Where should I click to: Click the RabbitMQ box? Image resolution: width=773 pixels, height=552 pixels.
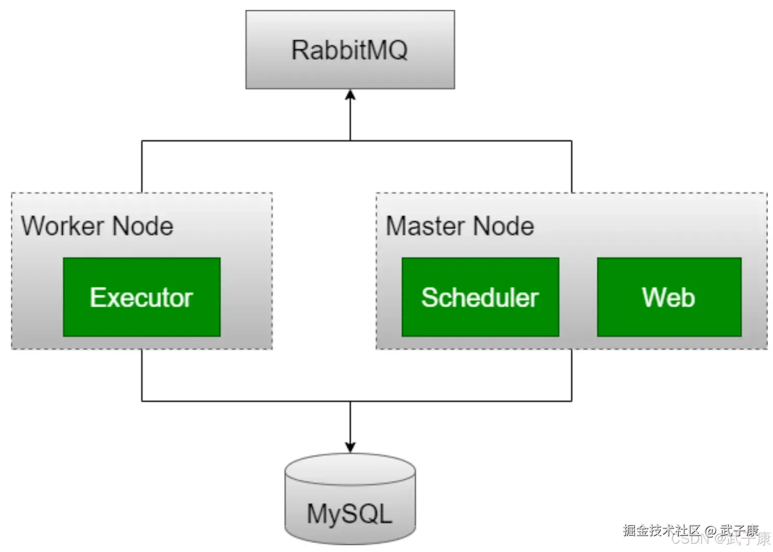(x=350, y=49)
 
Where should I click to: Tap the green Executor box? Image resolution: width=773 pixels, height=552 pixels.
(x=142, y=297)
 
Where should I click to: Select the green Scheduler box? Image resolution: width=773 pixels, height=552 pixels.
(x=480, y=297)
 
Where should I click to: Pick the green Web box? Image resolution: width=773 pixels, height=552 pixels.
(x=669, y=297)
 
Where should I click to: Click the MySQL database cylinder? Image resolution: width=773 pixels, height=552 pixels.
(x=350, y=500)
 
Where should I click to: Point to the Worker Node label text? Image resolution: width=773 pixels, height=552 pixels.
(x=97, y=226)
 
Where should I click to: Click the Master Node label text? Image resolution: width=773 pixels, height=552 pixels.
(x=460, y=226)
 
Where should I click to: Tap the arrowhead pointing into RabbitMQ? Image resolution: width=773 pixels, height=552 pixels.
(x=351, y=95)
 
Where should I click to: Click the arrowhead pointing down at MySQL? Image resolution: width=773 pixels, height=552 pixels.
(x=351, y=447)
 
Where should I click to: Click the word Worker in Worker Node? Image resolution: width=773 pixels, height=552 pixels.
(x=63, y=226)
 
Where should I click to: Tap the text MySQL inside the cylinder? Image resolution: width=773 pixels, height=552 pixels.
(x=349, y=515)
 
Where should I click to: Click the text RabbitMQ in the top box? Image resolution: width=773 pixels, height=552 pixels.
(x=350, y=50)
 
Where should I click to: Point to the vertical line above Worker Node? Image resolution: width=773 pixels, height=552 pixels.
(x=142, y=167)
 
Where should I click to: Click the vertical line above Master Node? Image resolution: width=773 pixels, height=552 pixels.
(x=572, y=167)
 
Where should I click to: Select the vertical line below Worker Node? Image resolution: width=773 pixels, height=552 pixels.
(x=142, y=375)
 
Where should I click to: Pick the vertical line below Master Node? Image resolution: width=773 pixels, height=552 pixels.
(x=572, y=375)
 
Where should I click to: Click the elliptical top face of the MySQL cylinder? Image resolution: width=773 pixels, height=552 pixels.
(x=350, y=469)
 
